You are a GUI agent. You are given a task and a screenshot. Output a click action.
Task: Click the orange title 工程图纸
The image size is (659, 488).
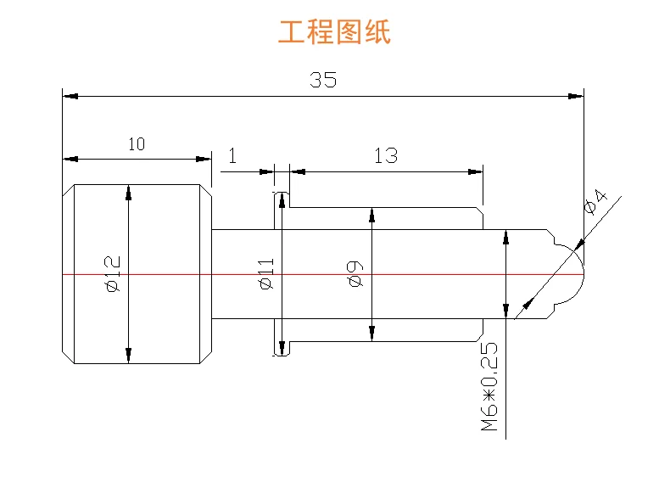(334, 32)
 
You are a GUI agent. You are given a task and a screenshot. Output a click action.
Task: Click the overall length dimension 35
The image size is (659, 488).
(322, 81)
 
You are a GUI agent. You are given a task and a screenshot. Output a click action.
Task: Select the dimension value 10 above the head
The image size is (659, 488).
(137, 144)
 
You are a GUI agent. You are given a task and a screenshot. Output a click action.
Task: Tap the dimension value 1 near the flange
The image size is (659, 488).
(233, 155)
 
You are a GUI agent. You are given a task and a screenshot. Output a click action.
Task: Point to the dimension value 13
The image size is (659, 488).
(385, 155)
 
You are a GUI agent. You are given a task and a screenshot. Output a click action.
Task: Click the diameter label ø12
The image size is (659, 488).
(113, 273)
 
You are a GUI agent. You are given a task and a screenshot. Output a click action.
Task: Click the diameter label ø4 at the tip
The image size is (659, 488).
(596, 204)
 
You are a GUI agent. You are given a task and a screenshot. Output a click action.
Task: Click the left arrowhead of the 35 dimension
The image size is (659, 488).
(70, 96)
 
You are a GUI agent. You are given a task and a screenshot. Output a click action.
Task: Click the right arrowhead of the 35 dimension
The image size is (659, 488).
(577, 96)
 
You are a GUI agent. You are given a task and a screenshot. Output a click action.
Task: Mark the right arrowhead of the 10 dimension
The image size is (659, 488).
(204, 158)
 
